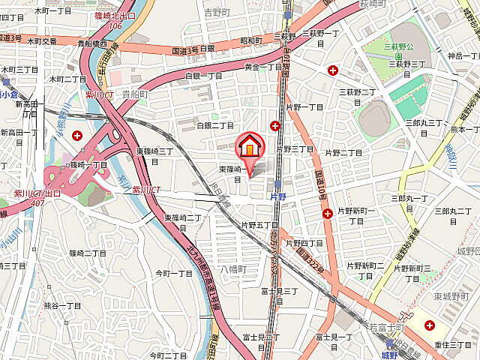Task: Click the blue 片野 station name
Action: click(x=277, y=196)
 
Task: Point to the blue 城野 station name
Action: click(x=388, y=354)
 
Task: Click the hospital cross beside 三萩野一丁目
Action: click(x=333, y=70)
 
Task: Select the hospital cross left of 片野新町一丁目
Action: click(x=327, y=214)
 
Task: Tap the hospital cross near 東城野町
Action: click(x=429, y=325)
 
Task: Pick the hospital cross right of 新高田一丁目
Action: click(x=78, y=135)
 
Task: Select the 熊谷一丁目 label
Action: click(x=62, y=306)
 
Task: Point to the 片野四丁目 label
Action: click(x=304, y=243)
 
